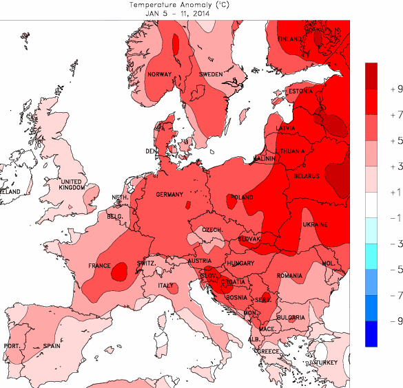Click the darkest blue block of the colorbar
point(371,333)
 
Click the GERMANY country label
point(169,195)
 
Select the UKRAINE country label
point(314,225)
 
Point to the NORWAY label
point(159,75)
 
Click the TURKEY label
point(327,363)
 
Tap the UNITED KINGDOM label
point(71,184)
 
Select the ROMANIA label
point(291,275)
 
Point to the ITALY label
point(166,285)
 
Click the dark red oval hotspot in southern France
point(119,270)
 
